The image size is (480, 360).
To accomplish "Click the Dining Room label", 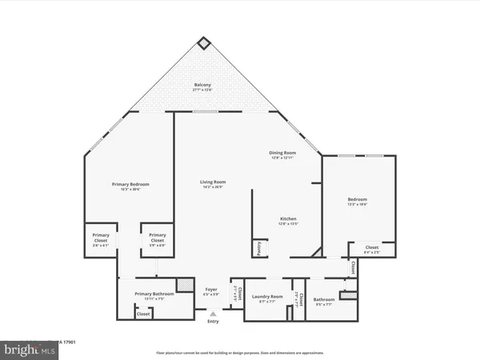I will [x=283, y=154].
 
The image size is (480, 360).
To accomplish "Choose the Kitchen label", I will [x=288, y=221].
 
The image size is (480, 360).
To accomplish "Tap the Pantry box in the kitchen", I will [x=259, y=249].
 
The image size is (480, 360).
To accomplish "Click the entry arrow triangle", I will [x=212, y=314].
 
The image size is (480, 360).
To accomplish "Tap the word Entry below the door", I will [x=212, y=322].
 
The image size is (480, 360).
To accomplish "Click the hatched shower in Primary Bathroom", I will [x=184, y=285].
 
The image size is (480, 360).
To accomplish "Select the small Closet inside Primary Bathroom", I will [x=143, y=314].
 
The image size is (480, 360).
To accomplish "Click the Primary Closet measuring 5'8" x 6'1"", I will [x=100, y=238].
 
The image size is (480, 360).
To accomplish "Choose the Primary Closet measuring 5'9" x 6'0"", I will [x=157, y=238].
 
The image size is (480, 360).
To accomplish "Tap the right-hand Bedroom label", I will [x=357, y=201].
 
